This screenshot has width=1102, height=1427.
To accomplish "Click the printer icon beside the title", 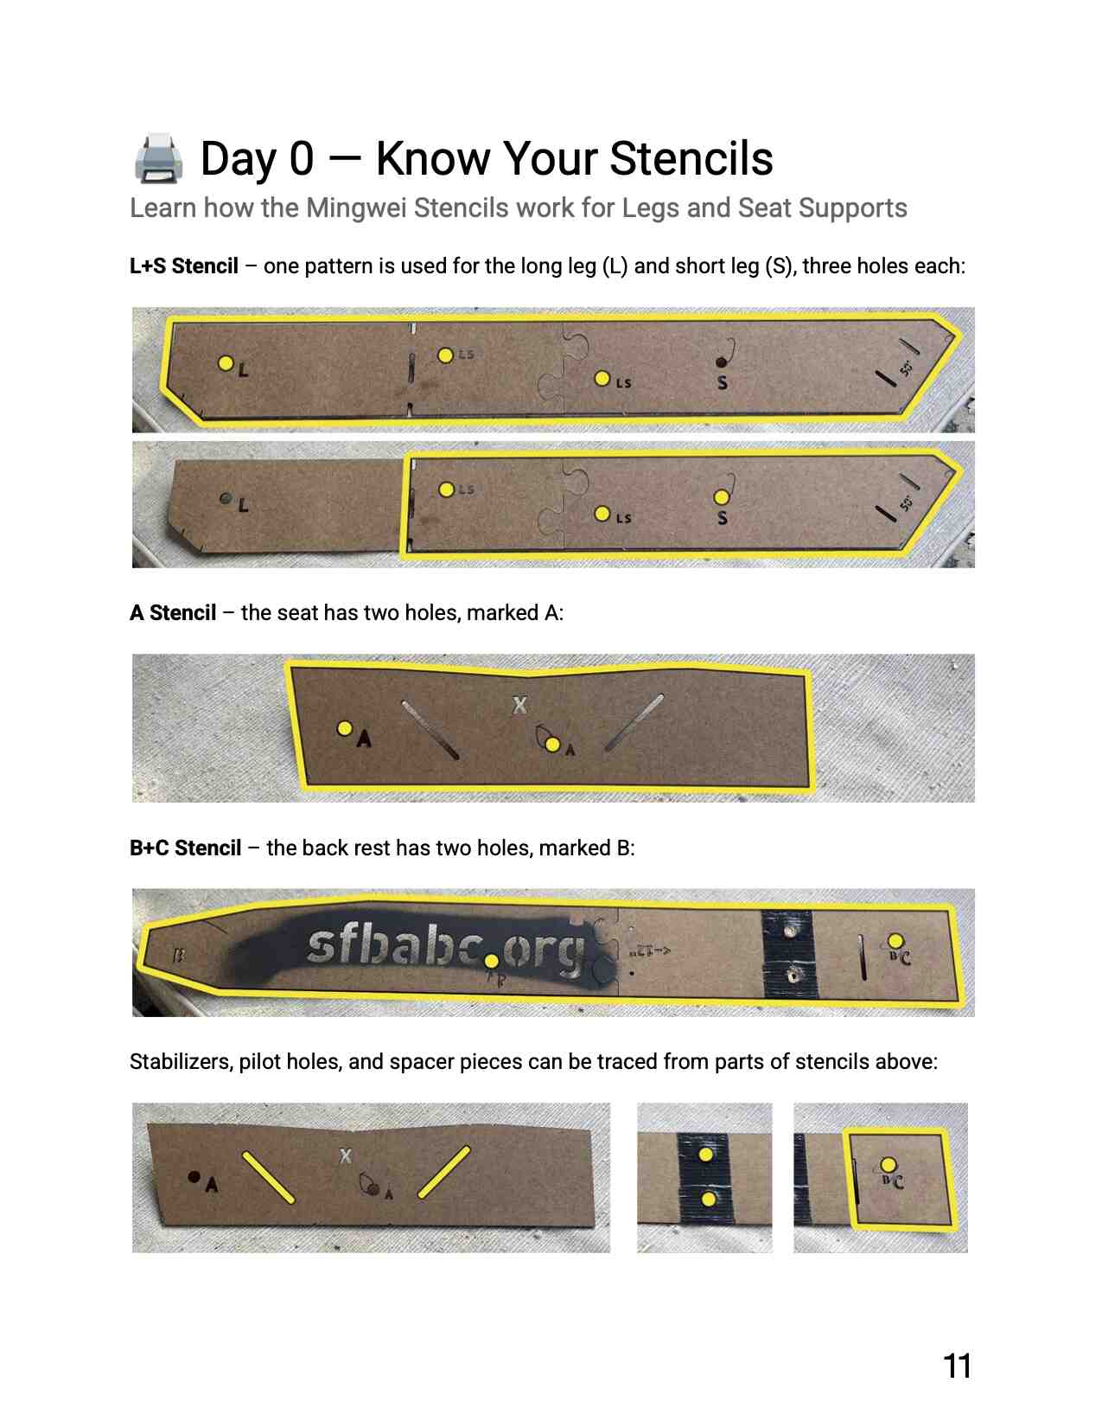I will pos(158,158).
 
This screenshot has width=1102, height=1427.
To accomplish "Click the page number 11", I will pos(957,1366).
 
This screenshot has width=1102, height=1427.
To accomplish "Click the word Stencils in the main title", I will pos(691,159).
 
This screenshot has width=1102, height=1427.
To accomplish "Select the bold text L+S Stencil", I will pos(184,266).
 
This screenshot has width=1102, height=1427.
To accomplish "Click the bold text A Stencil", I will pos(173,613).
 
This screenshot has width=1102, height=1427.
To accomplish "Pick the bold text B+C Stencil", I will pos(185,848).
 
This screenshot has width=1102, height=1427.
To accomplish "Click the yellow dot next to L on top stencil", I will pos(226,363).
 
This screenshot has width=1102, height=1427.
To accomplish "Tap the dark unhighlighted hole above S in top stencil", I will pos(721,362).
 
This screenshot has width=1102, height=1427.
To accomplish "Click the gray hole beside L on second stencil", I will pos(226,499).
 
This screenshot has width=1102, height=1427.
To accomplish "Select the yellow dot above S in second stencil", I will pos(721,497).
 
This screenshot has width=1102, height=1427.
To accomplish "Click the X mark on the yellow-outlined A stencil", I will pos(519,705).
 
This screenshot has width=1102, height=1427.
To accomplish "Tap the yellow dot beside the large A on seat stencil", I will pos(344,728).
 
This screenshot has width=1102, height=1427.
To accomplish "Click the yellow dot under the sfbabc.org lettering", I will pos(491,961).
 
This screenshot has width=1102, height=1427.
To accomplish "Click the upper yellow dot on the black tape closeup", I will pos(705,1155).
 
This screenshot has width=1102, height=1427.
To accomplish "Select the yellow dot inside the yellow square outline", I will pos(888,1165).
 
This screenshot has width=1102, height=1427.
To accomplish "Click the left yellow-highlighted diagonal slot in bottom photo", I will pos(268,1177).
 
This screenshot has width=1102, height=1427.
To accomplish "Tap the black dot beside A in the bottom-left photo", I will pos(194,1177).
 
